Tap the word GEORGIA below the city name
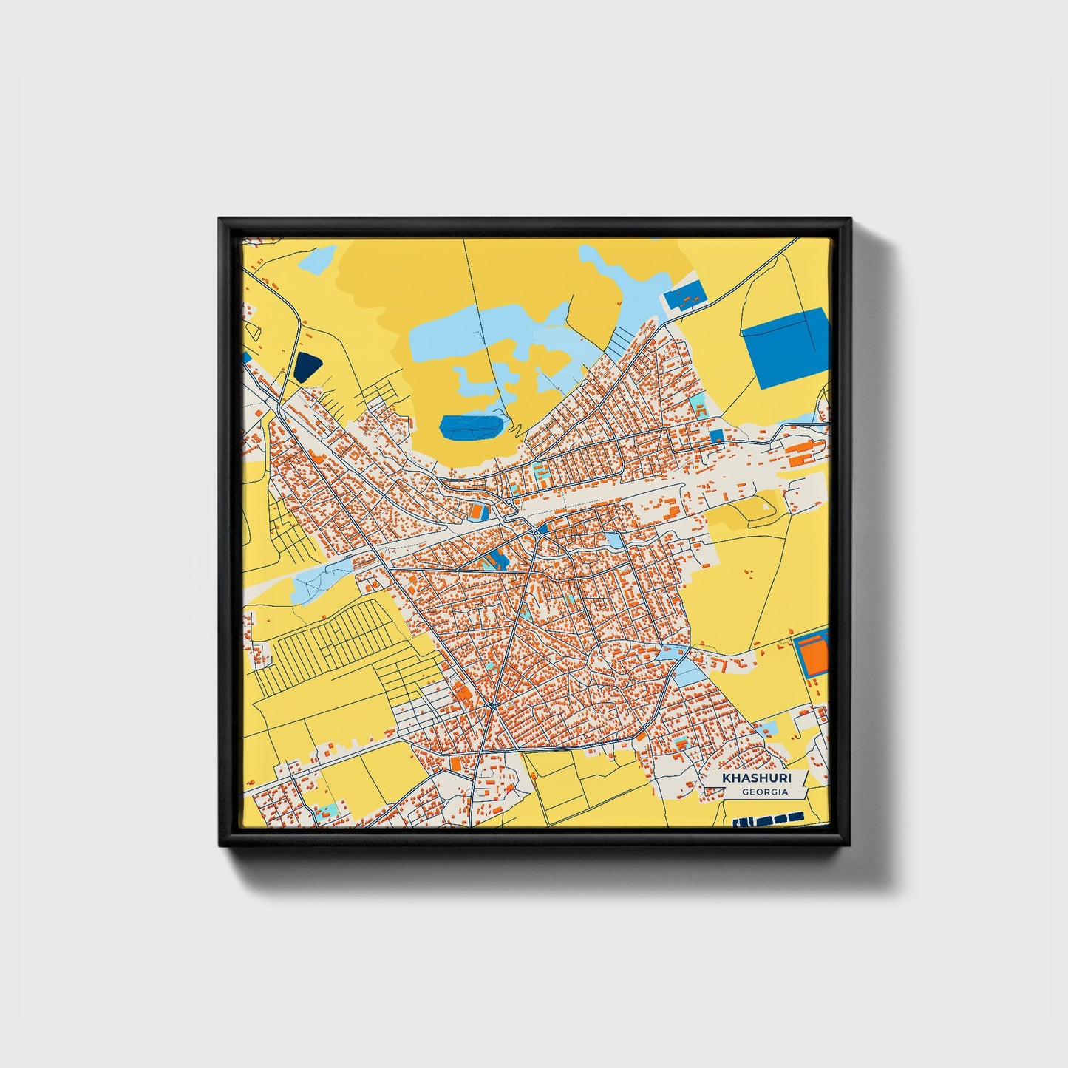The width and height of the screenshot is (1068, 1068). (x=765, y=792)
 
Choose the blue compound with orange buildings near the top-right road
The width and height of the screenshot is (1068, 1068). (x=686, y=298)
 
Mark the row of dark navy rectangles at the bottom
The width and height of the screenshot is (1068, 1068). (x=769, y=819)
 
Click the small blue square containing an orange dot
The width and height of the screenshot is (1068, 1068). (x=716, y=436)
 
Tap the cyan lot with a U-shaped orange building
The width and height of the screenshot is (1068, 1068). (x=539, y=470)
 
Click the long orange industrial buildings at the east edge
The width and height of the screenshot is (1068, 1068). (x=802, y=452)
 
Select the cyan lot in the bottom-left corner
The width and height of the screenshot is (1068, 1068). (x=326, y=811)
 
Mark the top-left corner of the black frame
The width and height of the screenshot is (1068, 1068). (x=221, y=220)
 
